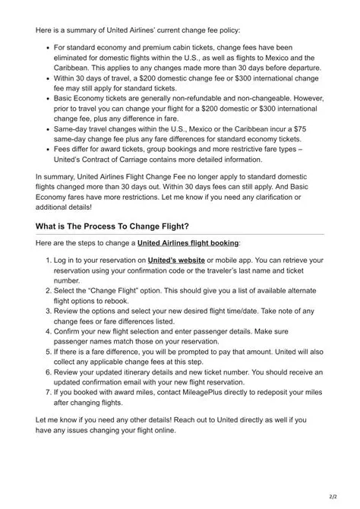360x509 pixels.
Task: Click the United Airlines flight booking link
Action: (188, 243)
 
